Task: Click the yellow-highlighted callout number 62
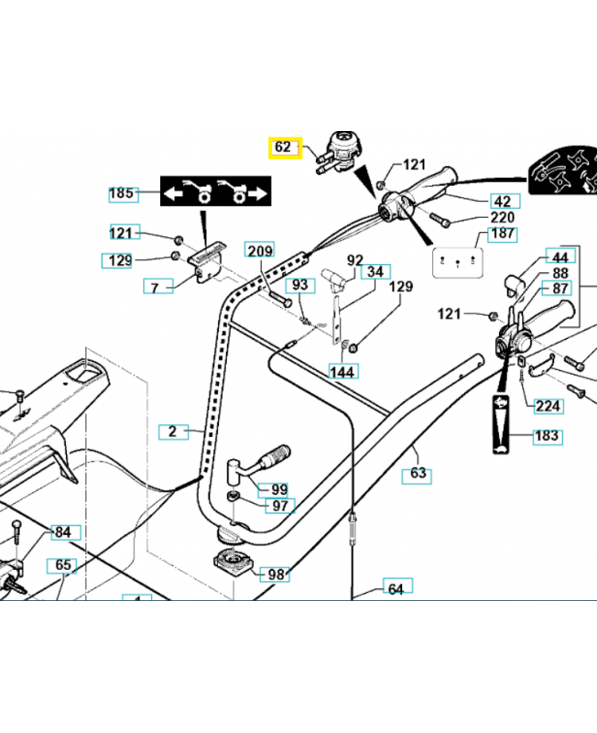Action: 283,147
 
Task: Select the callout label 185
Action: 122,193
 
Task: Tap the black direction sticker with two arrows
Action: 216,193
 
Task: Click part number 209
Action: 260,250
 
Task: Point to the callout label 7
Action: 156,288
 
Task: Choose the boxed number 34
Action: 375,271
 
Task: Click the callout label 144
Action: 343,371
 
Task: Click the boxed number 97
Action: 278,506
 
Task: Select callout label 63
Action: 418,474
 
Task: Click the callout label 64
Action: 396,588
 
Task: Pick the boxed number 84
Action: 61,532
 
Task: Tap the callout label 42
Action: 503,202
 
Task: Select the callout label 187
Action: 503,235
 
